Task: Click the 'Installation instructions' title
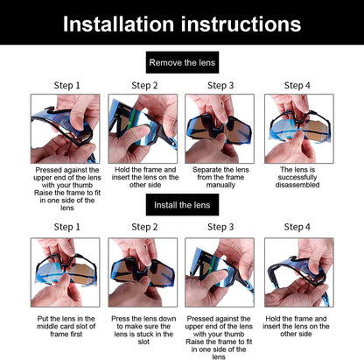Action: coord(181,23)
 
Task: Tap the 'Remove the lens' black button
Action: coord(182,63)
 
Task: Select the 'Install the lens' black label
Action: coord(182,205)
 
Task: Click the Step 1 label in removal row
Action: coord(66,86)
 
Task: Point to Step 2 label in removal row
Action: coord(144,86)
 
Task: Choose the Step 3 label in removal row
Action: coord(220,86)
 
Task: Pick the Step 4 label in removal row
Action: coord(297,86)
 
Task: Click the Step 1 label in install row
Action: coord(66,227)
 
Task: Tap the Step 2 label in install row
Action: coord(144,227)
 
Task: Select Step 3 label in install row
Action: coord(220,227)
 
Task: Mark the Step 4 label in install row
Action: coord(297,227)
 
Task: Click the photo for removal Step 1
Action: coord(66,129)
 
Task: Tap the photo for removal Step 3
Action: coord(220,129)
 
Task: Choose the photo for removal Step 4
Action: coord(297,129)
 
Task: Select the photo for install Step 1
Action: coord(66,272)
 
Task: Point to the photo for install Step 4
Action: coord(297,272)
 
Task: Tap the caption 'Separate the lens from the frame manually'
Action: coord(220,177)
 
